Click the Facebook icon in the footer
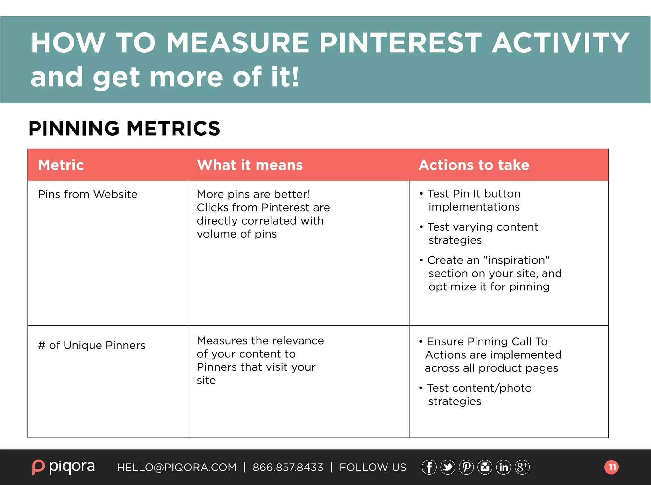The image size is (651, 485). click(x=429, y=467)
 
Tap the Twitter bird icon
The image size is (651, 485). click(x=448, y=467)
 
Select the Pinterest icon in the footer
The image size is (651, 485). click(x=466, y=467)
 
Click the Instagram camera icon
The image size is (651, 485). click(x=485, y=467)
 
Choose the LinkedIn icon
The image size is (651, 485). click(x=504, y=467)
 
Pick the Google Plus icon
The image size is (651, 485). click(x=522, y=467)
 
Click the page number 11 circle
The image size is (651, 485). click(x=611, y=467)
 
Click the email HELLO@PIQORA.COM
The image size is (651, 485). click(x=177, y=468)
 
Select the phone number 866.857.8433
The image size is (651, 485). click(x=288, y=468)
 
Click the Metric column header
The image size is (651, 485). click(x=61, y=165)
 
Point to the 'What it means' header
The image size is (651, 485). click(x=250, y=165)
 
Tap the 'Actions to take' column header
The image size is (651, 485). click(x=474, y=165)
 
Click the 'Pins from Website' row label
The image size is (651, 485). click(x=88, y=194)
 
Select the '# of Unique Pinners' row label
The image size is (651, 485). click(x=92, y=345)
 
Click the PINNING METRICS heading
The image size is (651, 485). click(x=124, y=129)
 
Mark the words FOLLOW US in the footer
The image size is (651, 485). click(x=373, y=468)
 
